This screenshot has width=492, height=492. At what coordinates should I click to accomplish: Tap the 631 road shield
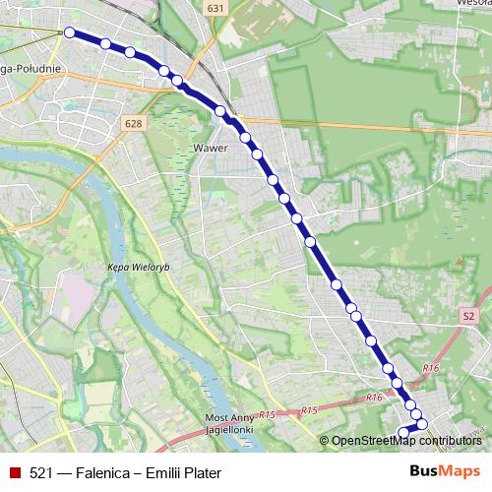(215, 8)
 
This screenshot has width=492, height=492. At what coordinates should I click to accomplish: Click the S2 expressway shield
(468, 317)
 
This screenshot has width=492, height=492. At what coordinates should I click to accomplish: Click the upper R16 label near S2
(429, 367)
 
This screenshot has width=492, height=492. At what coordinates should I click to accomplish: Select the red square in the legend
(13, 473)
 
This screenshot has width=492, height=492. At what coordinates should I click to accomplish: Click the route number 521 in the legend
(41, 473)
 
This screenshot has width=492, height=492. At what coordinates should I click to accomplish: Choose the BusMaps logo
(445, 472)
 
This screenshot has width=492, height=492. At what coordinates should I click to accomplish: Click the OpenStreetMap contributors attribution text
(405, 441)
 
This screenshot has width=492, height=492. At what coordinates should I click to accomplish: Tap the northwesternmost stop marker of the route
(70, 32)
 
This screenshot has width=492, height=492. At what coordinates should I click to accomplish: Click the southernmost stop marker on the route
(402, 432)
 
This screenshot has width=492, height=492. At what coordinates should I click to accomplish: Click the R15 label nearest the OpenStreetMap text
(309, 409)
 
